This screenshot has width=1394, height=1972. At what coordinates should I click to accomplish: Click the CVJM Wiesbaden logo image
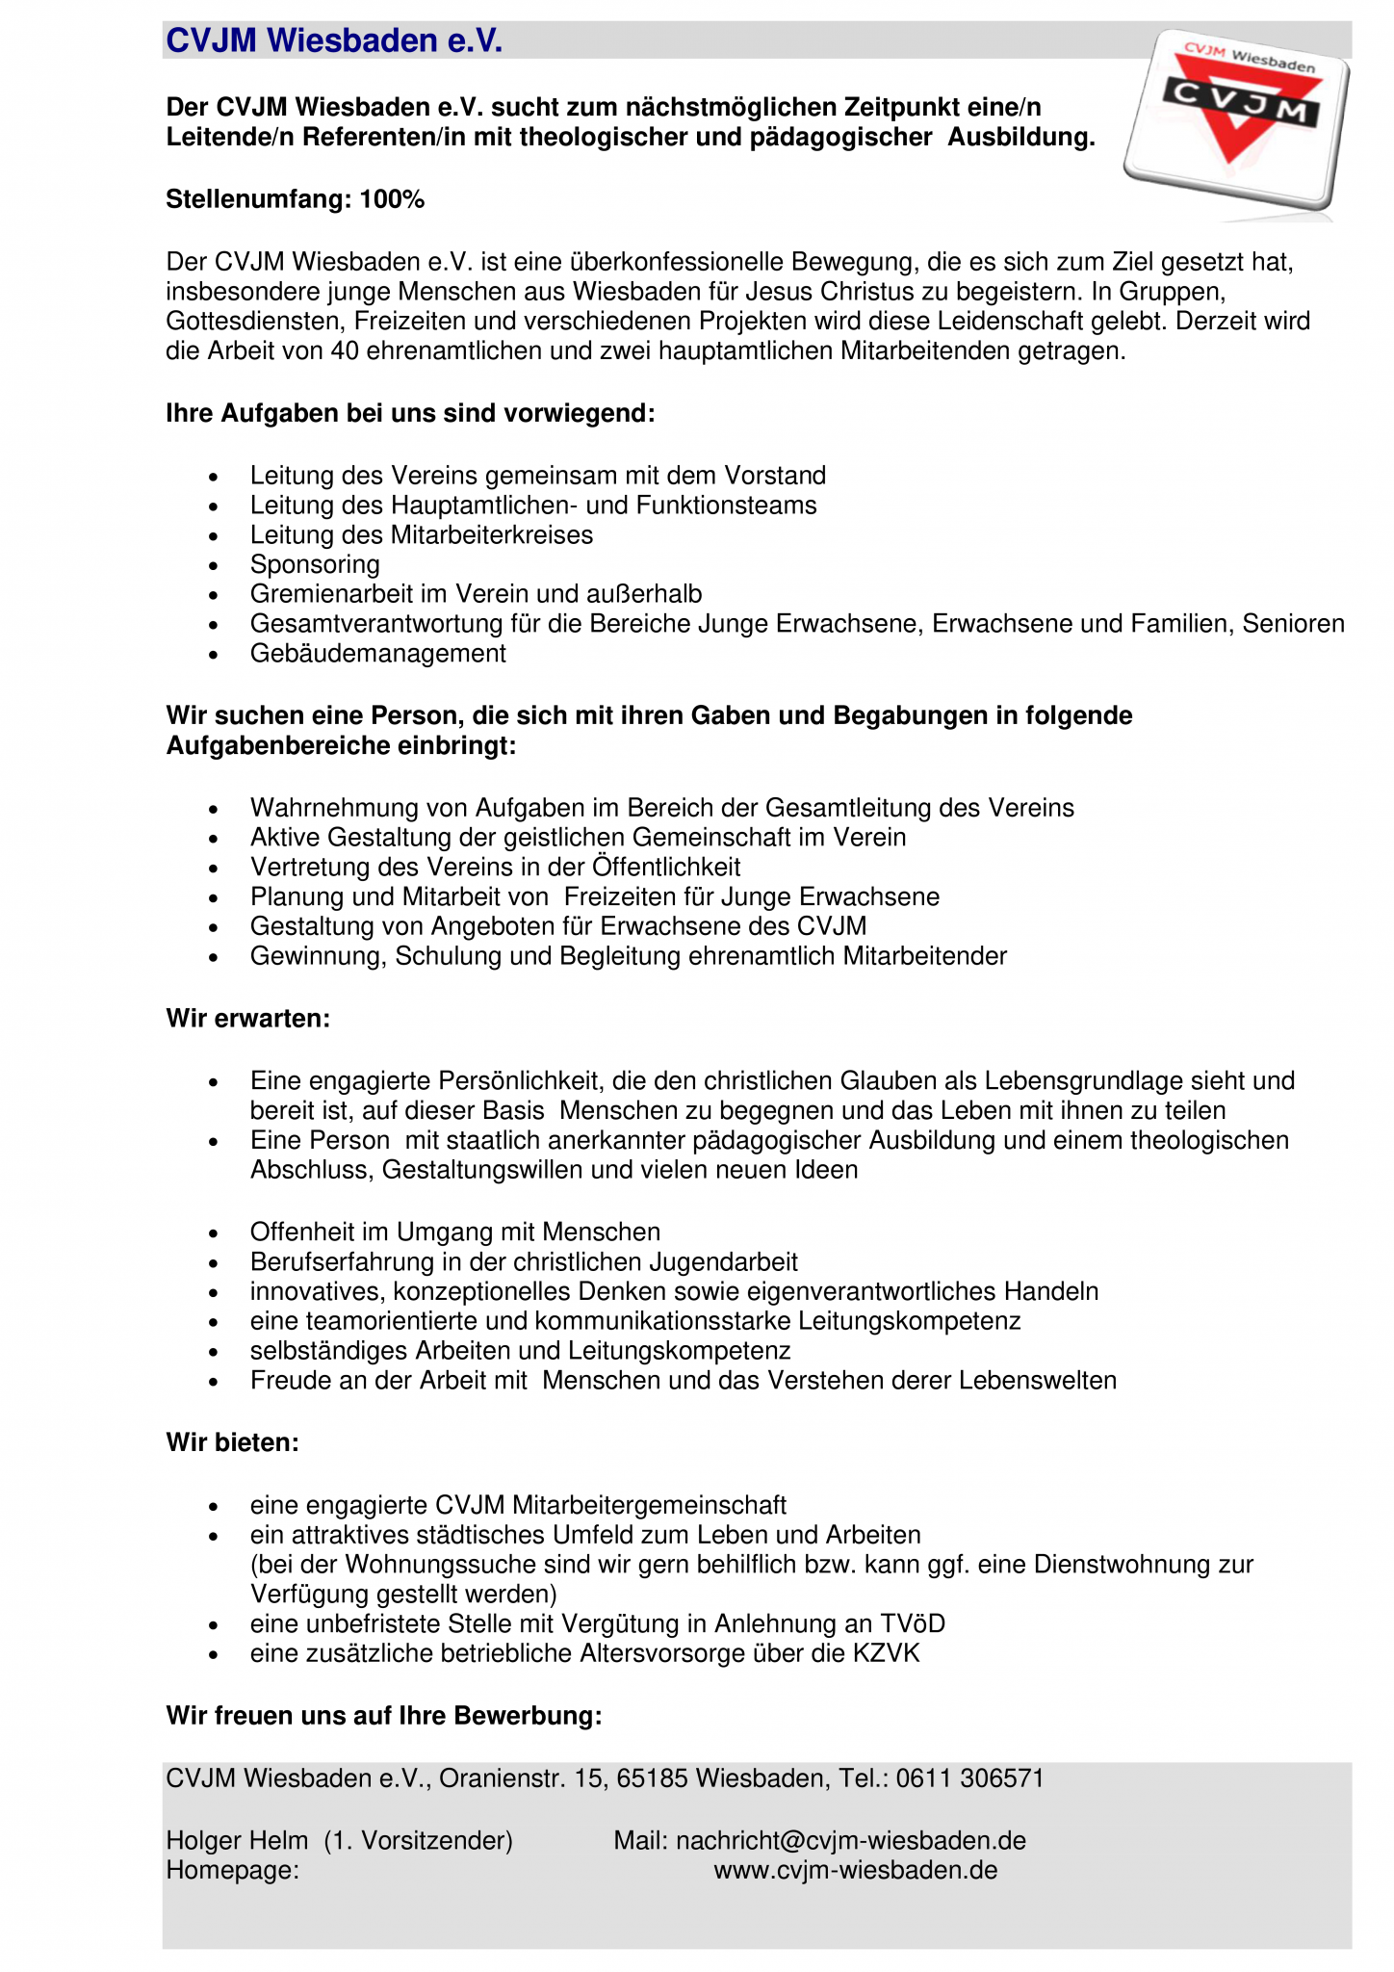tap(1236, 118)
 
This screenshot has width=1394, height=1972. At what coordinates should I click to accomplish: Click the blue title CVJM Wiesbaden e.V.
tap(334, 41)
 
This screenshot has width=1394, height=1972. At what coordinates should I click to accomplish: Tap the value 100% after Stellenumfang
tap(392, 199)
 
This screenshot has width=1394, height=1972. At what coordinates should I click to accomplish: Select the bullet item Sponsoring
tap(315, 564)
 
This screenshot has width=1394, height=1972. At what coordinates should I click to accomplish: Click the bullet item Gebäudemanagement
tap(377, 653)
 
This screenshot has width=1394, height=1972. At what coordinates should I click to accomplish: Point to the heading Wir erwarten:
tap(248, 1018)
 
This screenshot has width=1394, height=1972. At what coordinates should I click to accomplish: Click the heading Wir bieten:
tap(232, 1442)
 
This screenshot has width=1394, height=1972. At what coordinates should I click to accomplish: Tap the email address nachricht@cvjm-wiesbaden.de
tap(850, 1840)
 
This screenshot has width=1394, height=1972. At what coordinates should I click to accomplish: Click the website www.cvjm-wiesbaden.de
tap(855, 1870)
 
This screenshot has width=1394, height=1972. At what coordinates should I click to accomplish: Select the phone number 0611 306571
tap(969, 1777)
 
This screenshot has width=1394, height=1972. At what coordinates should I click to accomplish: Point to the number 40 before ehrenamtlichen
tap(345, 350)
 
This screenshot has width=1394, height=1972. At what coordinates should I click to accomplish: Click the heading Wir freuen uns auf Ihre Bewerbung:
tap(384, 1715)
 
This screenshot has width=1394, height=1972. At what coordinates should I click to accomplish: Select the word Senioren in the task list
tap(1293, 624)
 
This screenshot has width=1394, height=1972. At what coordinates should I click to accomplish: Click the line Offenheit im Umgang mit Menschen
tap(454, 1232)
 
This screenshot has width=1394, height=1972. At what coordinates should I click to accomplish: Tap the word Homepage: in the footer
tap(232, 1870)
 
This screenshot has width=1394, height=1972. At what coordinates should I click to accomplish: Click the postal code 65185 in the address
tap(652, 1777)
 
